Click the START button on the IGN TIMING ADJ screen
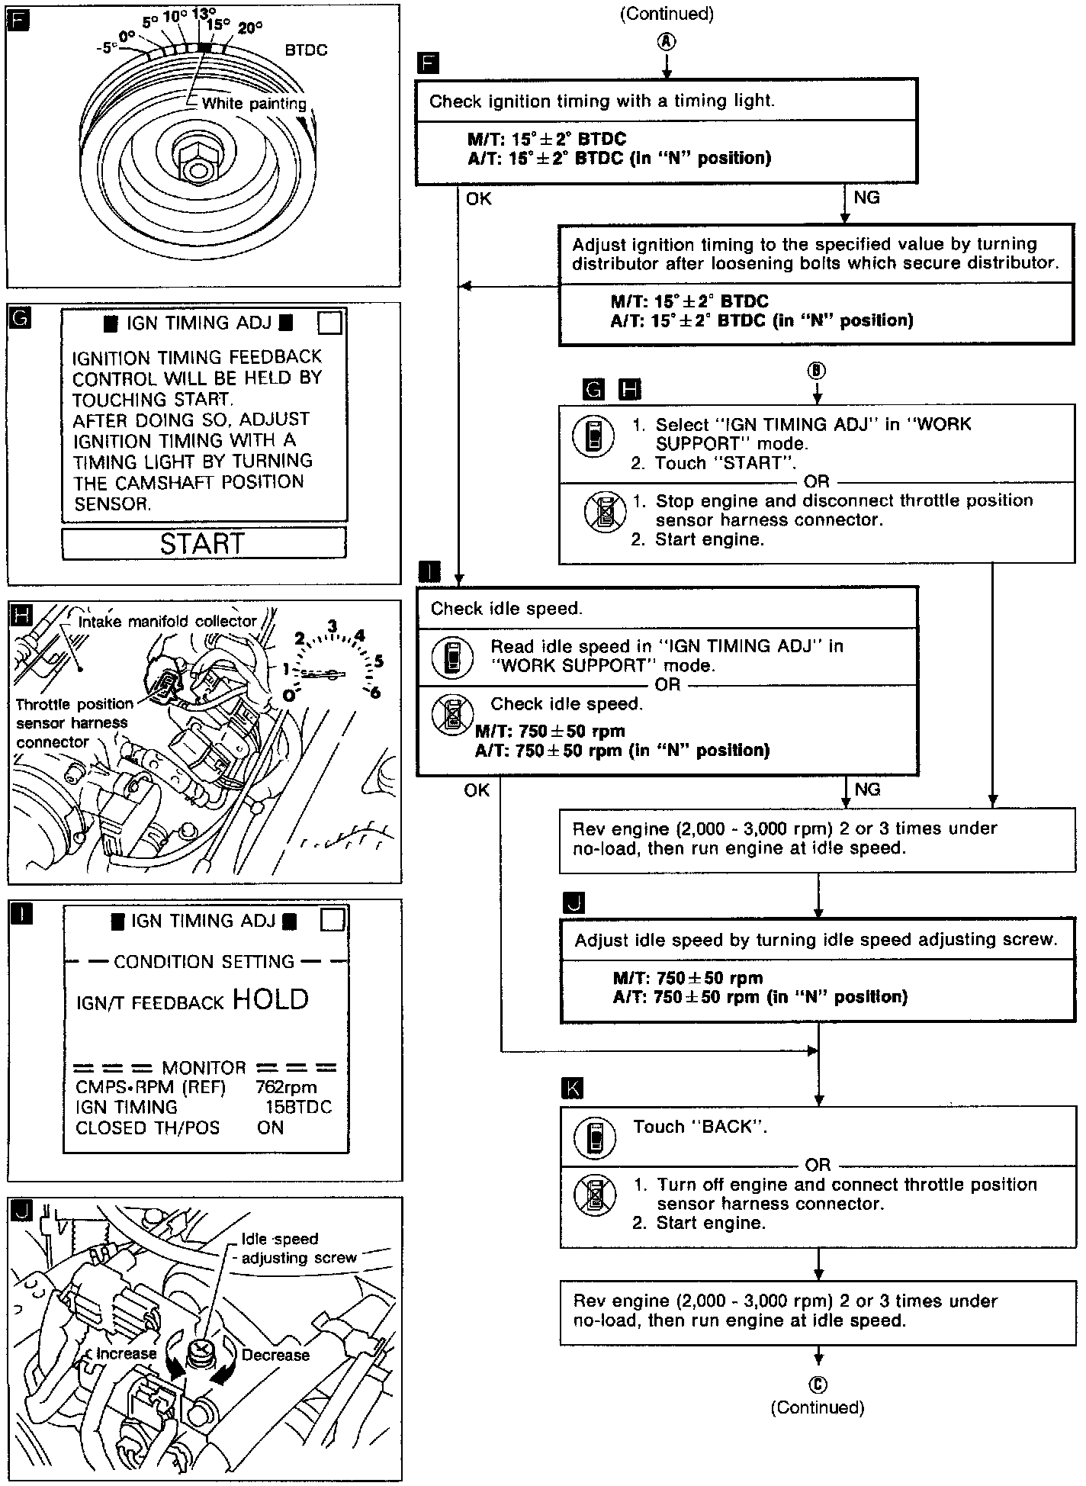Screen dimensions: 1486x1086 pos(203,543)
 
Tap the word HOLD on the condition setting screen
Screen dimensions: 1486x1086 pos(271,999)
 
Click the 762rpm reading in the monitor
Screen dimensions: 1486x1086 pos(286,1087)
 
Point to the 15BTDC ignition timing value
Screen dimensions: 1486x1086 pos(298,1107)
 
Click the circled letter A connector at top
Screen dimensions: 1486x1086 pos(667,43)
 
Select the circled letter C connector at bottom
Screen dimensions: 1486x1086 pos(818,1385)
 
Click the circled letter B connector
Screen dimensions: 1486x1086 pos(817,371)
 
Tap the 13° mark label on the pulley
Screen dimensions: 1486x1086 pos(204,13)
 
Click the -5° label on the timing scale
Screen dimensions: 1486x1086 pos(107,48)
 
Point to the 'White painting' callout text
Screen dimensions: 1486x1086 pos(254,104)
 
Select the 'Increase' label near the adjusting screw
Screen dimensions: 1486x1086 pos(126,1353)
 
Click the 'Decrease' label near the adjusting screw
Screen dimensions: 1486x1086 pos(275,1355)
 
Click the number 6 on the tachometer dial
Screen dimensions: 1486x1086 pos(374,692)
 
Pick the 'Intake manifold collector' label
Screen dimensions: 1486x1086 pos(168,622)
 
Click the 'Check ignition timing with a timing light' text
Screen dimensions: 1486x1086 pos(602,101)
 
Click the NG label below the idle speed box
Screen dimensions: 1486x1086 pos(867,790)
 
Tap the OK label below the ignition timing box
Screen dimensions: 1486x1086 pos(479,199)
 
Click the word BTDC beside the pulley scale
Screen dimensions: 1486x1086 pos(306,50)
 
